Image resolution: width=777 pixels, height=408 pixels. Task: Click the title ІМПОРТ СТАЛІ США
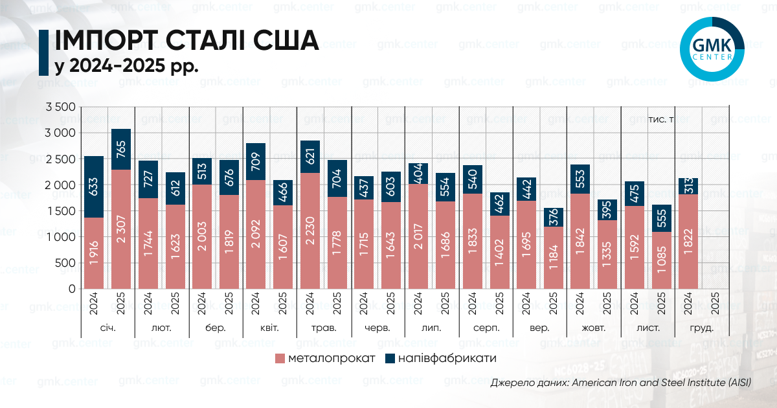point(187,41)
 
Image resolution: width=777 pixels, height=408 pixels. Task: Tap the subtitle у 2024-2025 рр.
point(126,66)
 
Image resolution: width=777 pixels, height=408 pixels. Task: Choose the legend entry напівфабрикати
point(440,358)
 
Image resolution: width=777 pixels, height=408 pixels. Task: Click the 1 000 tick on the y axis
point(61,237)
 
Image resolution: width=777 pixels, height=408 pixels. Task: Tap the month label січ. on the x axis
point(107,328)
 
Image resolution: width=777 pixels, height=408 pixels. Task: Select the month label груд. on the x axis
point(702,328)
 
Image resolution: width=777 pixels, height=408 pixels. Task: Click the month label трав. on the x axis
point(324,328)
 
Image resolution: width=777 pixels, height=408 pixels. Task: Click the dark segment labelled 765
point(121,149)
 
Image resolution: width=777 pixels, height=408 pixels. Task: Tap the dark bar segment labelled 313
point(688,186)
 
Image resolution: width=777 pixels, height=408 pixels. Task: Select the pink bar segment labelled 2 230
point(310,231)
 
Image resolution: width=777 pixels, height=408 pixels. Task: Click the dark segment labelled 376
point(553,217)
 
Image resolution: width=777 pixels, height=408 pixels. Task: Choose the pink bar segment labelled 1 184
point(553,257)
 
